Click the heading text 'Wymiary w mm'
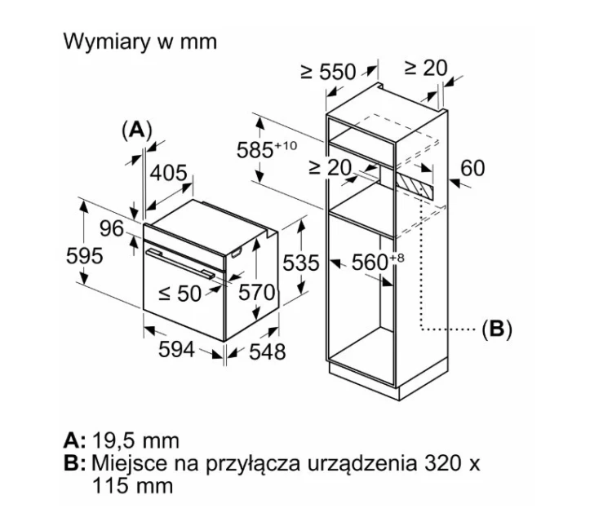click(140, 42)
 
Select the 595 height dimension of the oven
click(84, 256)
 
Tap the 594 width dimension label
click(176, 349)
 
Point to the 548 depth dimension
click(268, 351)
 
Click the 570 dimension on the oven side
click(256, 292)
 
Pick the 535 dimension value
click(301, 263)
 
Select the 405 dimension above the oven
click(169, 172)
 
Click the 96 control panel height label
click(112, 228)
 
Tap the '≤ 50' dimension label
click(180, 293)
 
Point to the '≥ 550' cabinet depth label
click(328, 72)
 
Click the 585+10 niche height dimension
click(267, 149)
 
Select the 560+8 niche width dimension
click(378, 262)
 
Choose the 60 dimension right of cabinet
click(472, 168)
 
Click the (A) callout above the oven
click(136, 130)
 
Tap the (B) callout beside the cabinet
click(496, 329)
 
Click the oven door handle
click(180, 263)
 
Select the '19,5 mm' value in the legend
click(135, 440)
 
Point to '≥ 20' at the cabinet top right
click(425, 68)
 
